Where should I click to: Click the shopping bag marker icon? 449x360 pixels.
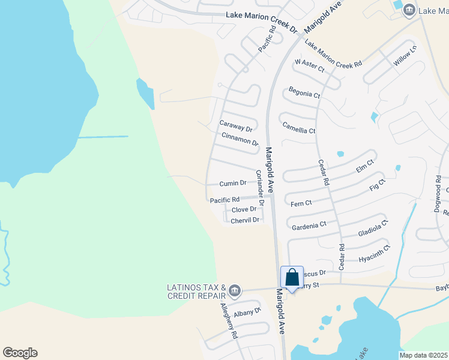(x=292, y=278)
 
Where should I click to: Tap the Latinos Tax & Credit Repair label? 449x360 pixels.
(x=196, y=292)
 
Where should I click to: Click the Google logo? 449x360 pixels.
(x=20, y=353)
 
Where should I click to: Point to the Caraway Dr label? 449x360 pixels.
(x=236, y=126)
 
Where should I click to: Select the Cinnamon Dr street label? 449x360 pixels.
(x=240, y=139)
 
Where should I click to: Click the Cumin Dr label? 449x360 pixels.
(x=233, y=183)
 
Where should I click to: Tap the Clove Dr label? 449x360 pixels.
(x=244, y=209)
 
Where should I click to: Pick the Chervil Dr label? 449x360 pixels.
(x=245, y=220)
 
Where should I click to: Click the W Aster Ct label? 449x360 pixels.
(x=309, y=66)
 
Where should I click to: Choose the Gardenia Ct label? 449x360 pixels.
(x=309, y=225)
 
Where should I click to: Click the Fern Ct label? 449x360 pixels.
(x=301, y=204)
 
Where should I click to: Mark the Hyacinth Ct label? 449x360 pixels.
(x=374, y=254)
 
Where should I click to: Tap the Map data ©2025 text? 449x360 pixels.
(x=424, y=355)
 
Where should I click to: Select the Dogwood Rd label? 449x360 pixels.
(x=438, y=191)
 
